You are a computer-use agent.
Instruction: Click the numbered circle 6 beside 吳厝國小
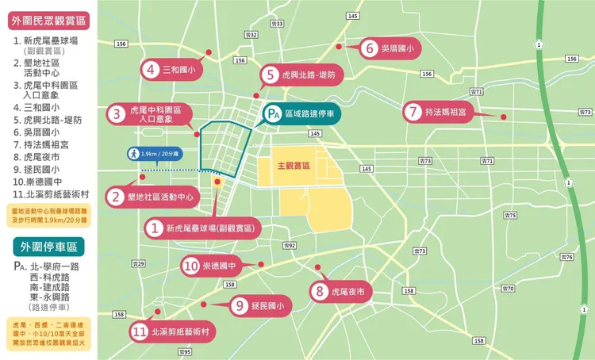pos(370,48)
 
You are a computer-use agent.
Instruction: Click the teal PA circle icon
pos(272,115)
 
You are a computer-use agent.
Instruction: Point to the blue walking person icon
pos(133,153)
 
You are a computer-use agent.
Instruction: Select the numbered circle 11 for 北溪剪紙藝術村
pos(140,333)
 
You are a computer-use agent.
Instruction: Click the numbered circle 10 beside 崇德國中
pos(191,266)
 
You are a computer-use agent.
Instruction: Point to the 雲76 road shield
pos(566,258)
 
